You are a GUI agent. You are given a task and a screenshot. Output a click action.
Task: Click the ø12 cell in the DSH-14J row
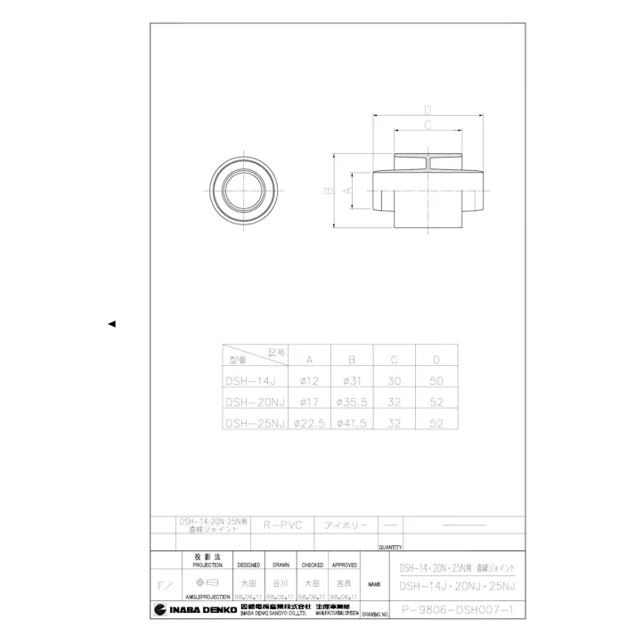click(308, 381)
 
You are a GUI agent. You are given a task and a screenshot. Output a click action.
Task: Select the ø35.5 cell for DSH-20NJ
click(351, 402)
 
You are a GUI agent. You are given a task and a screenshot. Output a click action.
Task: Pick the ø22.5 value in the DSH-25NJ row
click(308, 423)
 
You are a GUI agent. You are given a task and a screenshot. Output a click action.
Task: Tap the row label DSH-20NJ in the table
click(255, 402)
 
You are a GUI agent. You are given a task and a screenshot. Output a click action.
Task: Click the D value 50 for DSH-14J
click(436, 381)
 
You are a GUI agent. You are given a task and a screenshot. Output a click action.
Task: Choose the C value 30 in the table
click(394, 381)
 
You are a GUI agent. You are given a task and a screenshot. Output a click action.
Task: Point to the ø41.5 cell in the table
click(351, 423)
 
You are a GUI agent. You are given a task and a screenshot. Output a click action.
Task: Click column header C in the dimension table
click(394, 360)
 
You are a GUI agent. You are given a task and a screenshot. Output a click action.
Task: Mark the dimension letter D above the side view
click(427, 110)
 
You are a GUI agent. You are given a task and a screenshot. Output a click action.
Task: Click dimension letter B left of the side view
click(328, 191)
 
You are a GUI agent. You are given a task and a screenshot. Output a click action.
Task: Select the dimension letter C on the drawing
click(427, 125)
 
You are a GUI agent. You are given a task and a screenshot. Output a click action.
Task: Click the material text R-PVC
click(283, 525)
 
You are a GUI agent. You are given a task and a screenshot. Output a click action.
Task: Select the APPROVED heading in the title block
click(345, 565)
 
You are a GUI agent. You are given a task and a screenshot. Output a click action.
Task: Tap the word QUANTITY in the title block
click(390, 547)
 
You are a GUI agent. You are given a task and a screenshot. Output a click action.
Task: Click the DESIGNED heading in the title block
click(248, 565)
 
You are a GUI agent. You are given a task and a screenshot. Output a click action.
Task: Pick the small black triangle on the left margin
click(111, 323)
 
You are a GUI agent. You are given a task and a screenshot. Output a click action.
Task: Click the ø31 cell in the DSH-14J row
click(351, 381)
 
